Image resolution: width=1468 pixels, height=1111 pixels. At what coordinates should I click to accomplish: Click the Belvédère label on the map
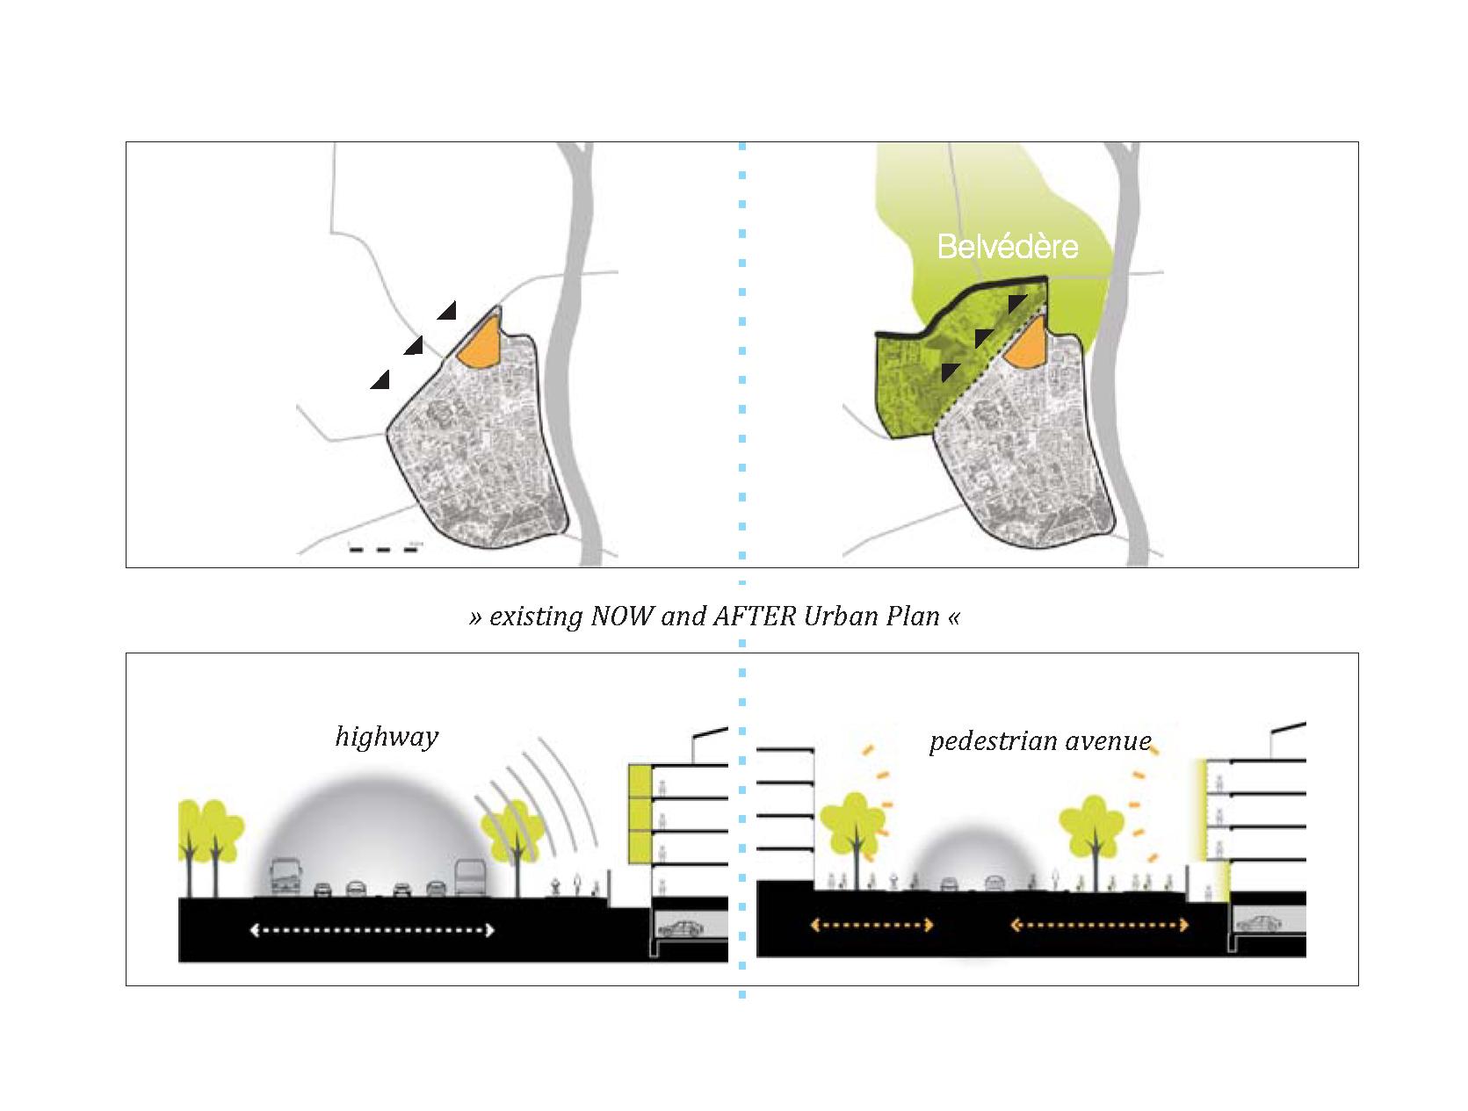point(1007,246)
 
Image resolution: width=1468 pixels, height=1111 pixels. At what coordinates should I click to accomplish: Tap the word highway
point(387,736)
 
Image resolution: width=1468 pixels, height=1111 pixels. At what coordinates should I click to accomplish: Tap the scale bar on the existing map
point(384,550)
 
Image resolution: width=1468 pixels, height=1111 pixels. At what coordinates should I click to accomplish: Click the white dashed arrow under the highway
point(372,930)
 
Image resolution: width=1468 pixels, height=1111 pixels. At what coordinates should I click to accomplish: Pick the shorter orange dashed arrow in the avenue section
point(871,925)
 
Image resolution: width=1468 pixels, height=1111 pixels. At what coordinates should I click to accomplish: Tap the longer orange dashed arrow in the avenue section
point(1100,925)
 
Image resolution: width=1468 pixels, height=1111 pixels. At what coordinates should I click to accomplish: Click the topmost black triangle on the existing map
point(448,310)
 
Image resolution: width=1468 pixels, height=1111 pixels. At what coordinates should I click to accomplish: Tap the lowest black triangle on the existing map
point(380,380)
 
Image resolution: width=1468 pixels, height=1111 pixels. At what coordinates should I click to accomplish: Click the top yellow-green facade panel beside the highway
point(640,781)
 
